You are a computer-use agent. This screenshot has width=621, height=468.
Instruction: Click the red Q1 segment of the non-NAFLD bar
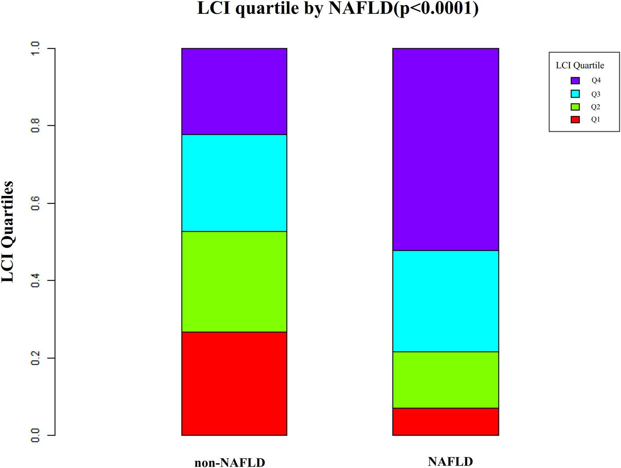[x=234, y=383]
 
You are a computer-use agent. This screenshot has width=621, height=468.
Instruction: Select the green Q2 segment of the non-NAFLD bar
[x=234, y=281]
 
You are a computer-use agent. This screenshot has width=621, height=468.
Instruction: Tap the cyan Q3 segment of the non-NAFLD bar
[x=234, y=183]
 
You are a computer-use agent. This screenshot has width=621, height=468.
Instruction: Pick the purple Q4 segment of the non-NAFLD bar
[x=234, y=91]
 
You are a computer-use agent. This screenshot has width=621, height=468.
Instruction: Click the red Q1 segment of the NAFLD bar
[x=445, y=421]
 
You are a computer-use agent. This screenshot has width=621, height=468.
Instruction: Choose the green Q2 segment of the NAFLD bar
[x=445, y=380]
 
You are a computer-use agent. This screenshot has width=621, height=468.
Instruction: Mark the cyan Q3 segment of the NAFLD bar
[x=445, y=301]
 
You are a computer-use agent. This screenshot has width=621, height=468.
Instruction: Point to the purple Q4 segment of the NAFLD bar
[x=445, y=149]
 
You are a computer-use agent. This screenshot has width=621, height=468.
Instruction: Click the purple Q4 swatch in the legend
[x=575, y=81]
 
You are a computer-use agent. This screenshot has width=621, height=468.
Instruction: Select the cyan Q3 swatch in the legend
[x=575, y=94]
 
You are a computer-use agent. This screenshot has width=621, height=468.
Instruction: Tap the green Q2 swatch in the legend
[x=575, y=107]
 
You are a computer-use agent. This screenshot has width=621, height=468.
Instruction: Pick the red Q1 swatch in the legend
[x=575, y=120]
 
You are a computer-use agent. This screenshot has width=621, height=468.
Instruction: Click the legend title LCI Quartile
[x=580, y=65]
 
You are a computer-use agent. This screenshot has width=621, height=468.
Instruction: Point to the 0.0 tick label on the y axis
[x=35, y=435]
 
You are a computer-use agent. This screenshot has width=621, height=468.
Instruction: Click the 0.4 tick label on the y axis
[x=35, y=280]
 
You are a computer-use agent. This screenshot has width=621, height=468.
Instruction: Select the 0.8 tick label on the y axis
[x=35, y=126]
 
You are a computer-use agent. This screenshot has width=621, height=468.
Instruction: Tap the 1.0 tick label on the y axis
[x=35, y=48]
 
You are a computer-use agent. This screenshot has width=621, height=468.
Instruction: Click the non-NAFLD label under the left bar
[x=230, y=462]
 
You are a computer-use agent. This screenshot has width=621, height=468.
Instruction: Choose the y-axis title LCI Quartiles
[x=8, y=232]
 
